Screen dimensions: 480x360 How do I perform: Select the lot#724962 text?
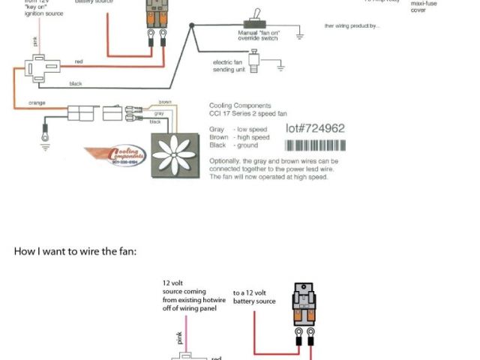(315, 128)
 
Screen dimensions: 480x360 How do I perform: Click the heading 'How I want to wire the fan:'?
(75, 251)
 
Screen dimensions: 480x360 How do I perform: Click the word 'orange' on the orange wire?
(38, 102)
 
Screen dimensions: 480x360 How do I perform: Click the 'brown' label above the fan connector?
(166, 102)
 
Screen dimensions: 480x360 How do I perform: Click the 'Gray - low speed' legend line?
(239, 129)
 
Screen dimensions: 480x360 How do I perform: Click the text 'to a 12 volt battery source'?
(254, 297)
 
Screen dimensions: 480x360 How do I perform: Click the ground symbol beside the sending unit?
(281, 67)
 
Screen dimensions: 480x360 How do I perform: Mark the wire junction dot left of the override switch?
(192, 26)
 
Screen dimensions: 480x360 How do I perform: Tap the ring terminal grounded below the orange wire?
(45, 136)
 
